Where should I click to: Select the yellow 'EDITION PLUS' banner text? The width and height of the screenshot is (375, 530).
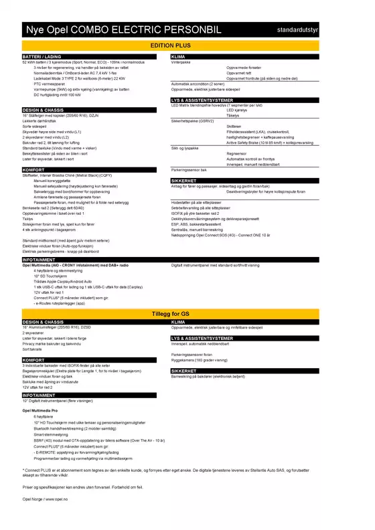[187, 46]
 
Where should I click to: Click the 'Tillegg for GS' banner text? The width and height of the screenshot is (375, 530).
[187, 314]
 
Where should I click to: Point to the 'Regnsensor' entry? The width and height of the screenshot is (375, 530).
[238, 153]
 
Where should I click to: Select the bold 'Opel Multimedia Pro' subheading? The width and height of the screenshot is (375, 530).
[47, 409]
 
